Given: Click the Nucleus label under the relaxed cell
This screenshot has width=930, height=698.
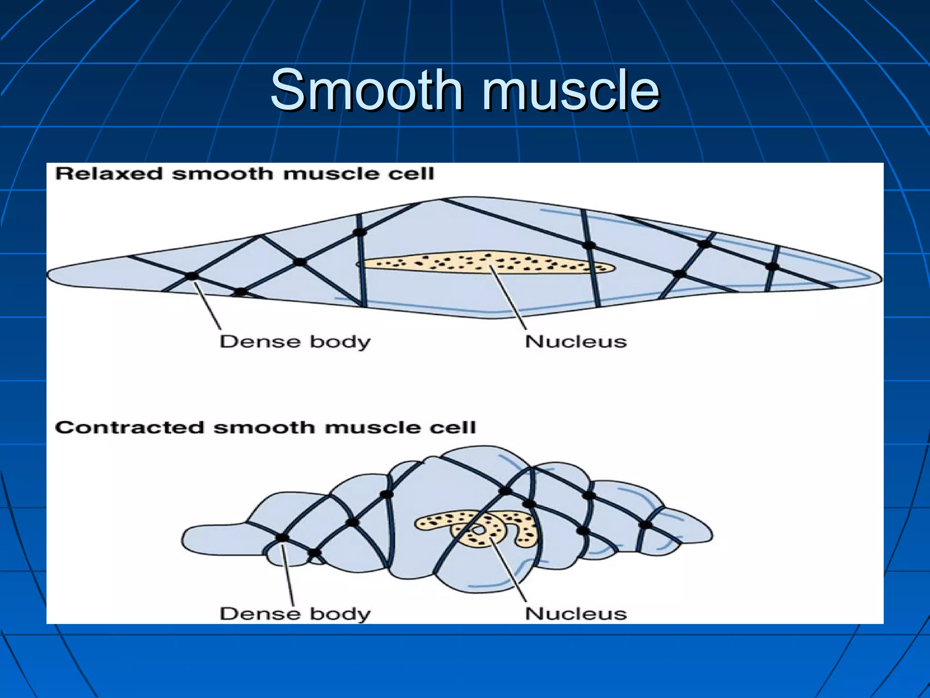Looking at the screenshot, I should click(576, 342).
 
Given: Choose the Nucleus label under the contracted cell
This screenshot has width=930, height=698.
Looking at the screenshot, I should click(576, 614).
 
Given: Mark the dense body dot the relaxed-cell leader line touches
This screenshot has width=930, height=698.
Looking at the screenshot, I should click(192, 276).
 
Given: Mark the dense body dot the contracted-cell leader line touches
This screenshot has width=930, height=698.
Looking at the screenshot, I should click(282, 538).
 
